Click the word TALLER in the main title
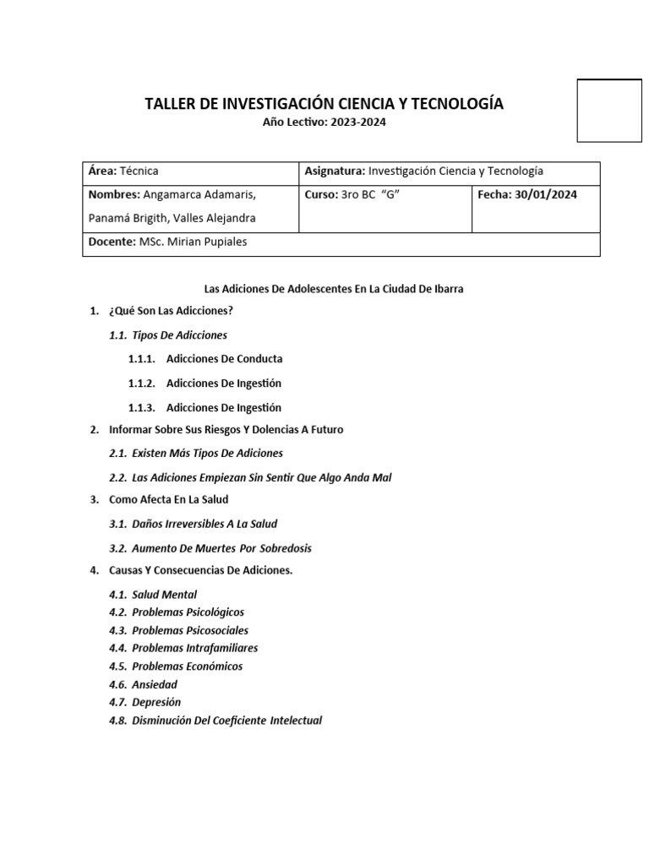coord(170,104)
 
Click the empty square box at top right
coord(609,111)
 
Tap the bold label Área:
coord(102,171)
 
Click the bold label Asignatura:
coord(335,171)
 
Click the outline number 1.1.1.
coord(142,359)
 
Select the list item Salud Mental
coord(165,595)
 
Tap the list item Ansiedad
coord(155,684)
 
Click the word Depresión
coord(156,703)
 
